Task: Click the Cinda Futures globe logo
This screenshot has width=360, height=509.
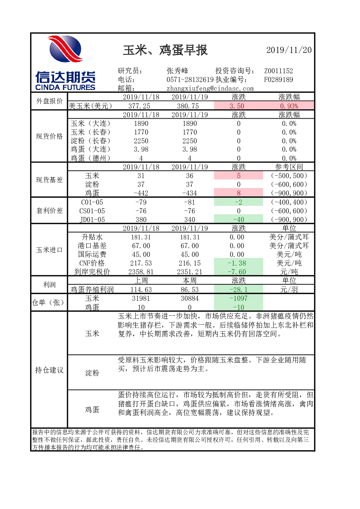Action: point(65,49)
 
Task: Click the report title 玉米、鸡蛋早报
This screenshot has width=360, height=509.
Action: point(165,50)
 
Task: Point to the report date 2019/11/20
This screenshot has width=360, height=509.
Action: point(289,50)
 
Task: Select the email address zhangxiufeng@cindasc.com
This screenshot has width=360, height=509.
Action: point(210,89)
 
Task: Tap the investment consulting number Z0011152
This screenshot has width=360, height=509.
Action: point(278,71)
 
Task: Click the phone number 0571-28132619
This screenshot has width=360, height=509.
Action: point(190,79)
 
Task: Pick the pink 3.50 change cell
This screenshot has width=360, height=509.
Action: point(238,106)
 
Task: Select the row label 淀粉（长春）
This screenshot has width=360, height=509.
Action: point(90,141)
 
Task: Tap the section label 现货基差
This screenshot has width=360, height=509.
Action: point(49,180)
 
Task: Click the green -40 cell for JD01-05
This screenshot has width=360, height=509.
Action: point(238,219)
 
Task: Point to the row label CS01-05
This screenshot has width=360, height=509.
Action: point(92,211)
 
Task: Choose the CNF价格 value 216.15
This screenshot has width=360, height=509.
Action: point(189,263)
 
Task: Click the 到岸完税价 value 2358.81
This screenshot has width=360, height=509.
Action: point(141,272)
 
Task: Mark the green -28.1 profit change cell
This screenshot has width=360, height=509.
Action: point(238,289)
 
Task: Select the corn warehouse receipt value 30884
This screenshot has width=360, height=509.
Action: point(189,298)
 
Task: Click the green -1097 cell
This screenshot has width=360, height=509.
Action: point(238,298)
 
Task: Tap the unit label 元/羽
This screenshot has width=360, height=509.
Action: point(289,290)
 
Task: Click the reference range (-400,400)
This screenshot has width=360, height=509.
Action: point(289,202)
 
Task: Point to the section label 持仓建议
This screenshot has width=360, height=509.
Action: point(49,370)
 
